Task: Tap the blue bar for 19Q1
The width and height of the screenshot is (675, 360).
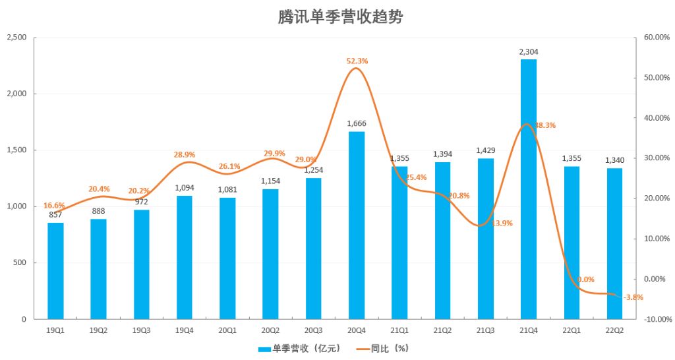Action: [56, 271]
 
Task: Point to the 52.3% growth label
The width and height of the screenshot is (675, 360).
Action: [357, 61]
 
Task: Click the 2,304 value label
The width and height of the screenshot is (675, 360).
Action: [529, 51]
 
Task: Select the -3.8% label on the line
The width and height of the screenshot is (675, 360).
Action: [633, 297]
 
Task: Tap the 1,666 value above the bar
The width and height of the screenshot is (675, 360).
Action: [357, 123]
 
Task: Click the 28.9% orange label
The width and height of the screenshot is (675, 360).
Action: [185, 154]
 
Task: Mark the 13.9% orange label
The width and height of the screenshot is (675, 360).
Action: [502, 224]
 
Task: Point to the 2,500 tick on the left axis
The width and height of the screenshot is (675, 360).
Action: [16, 38]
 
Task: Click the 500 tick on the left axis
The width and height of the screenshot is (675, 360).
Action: [20, 263]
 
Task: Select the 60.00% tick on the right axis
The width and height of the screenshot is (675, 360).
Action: [656, 38]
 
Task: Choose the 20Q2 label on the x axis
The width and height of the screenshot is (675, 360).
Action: [270, 330]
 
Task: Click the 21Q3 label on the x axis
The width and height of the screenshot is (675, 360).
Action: [485, 330]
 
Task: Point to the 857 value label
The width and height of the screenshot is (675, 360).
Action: [56, 215]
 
